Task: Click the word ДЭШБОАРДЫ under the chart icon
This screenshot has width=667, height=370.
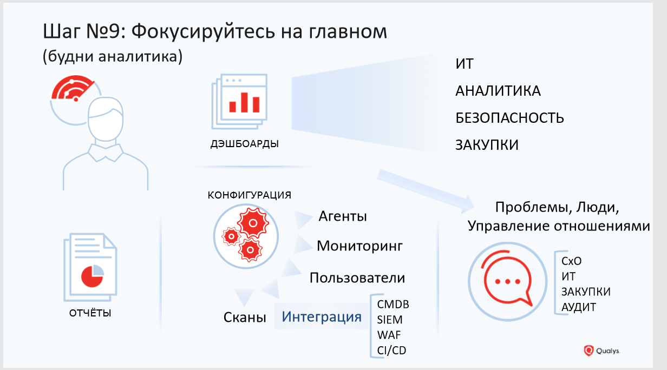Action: coord(245,144)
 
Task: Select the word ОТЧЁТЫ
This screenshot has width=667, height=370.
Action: coord(91,313)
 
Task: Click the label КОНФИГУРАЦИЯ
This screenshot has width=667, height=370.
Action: coord(250,195)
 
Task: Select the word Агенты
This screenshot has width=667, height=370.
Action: coord(343,216)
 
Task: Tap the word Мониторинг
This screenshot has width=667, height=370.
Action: coord(360,246)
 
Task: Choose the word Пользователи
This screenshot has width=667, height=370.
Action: coord(357,278)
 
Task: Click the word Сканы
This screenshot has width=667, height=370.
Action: coord(245,318)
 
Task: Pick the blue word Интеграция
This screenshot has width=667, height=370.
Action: coord(322,316)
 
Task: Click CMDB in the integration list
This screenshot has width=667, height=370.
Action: coord(393,304)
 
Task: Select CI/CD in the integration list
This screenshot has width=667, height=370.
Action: coord(391,351)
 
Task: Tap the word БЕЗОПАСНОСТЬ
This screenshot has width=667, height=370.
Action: coord(509,118)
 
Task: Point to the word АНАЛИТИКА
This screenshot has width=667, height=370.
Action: coord(498,91)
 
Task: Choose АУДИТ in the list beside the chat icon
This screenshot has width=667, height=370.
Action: coord(579,307)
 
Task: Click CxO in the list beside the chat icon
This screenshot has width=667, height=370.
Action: coord(572,261)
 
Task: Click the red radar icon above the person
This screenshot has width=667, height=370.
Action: coord(72,90)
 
